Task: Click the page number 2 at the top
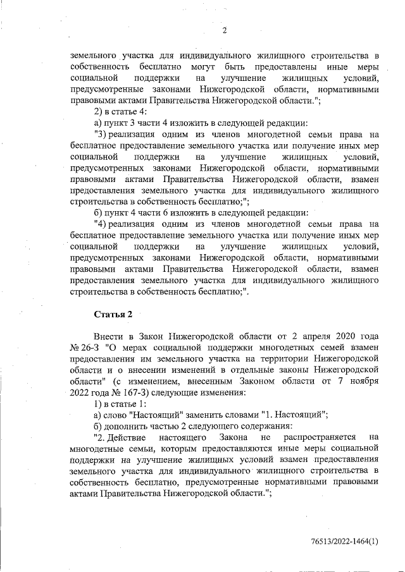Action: pyautogui.click(x=224, y=30)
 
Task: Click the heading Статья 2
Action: pyautogui.click(x=113, y=313)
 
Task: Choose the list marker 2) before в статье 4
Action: pyautogui.click(x=98, y=111)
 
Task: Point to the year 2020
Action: pyautogui.click(x=342, y=334)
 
